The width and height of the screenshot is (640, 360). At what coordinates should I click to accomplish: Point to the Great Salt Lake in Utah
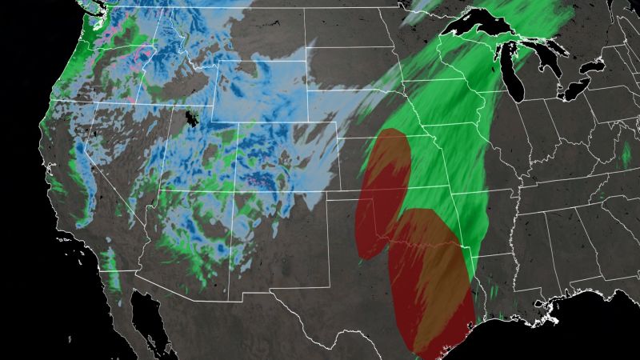(190, 118)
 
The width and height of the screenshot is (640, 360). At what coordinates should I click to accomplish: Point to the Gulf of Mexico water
(520, 336)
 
